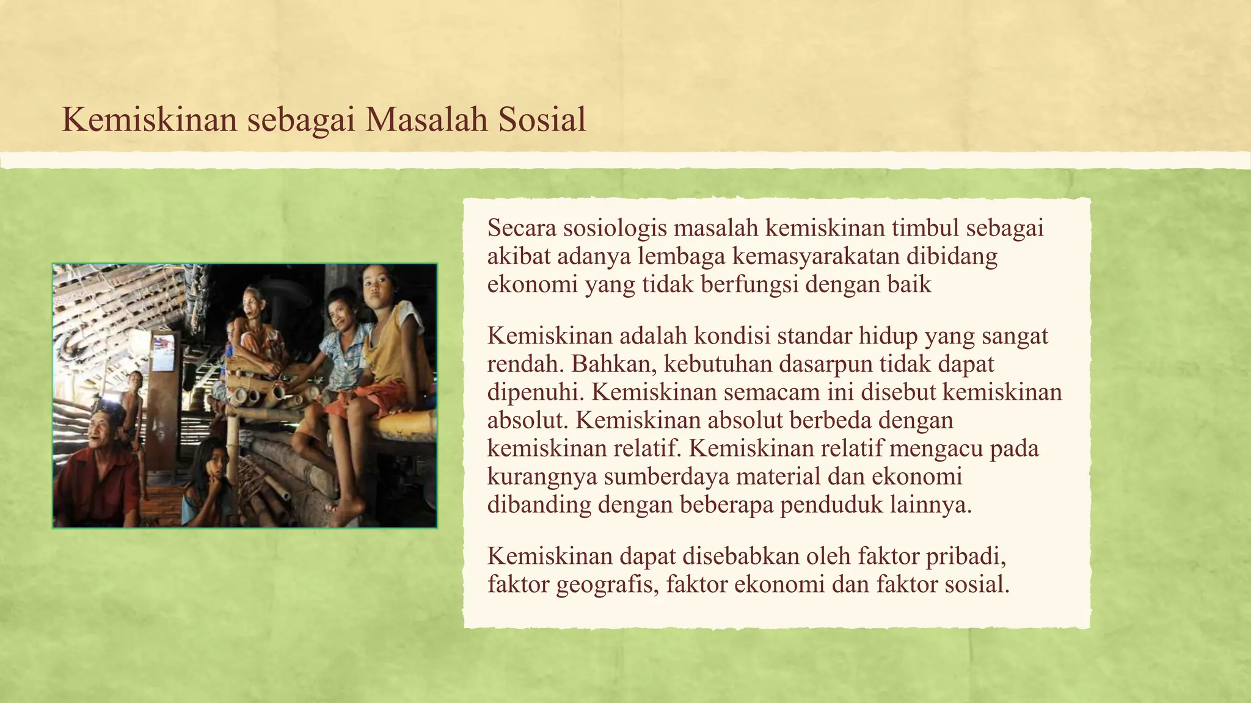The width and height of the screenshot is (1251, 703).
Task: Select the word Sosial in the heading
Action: point(542,120)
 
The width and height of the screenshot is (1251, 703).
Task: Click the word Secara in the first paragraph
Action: point(522,228)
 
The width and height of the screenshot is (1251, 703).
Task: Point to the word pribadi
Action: point(965,557)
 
